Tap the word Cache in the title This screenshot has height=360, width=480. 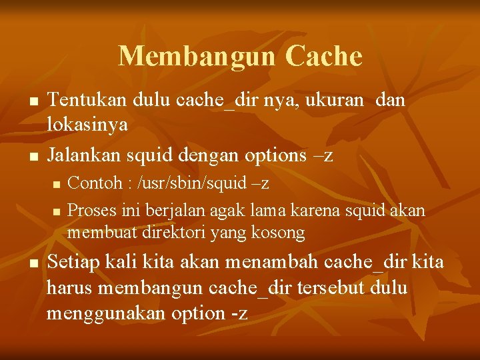[x=324, y=56]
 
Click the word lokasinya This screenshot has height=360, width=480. [x=87, y=124]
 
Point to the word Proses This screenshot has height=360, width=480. [x=91, y=210]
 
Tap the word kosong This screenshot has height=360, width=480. [x=278, y=233]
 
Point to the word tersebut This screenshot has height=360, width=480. [x=322, y=287]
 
